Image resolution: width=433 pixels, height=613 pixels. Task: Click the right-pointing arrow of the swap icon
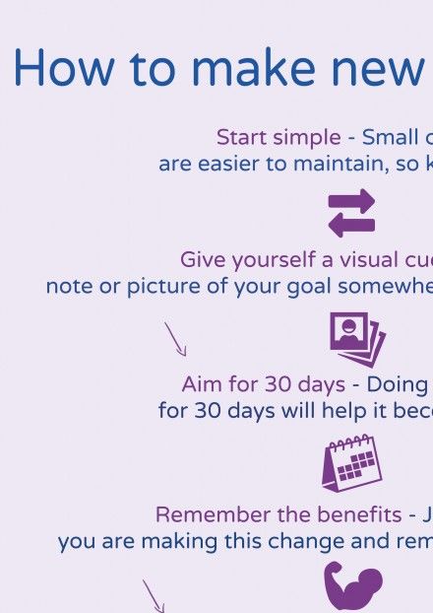[351, 201]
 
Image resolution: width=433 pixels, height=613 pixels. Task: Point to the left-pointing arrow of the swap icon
[351, 225]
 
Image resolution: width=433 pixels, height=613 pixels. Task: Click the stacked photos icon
[357, 339]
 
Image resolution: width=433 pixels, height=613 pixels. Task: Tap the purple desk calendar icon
[351, 463]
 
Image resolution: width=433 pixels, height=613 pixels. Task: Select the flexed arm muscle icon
[352, 587]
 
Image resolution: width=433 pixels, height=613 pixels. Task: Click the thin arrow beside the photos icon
[175, 339]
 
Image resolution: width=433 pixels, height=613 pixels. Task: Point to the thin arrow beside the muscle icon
[154, 596]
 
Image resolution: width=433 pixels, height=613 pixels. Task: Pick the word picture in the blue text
[164, 287]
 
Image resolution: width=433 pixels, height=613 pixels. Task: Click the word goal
[308, 287]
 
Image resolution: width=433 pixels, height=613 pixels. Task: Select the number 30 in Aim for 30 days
[278, 384]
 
